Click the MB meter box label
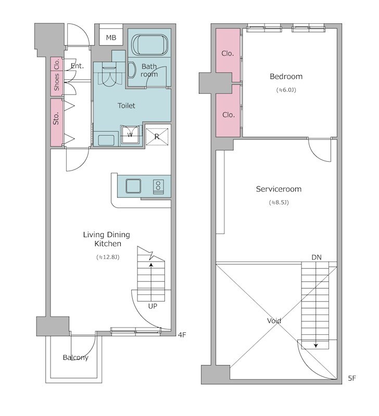[x=111, y=37]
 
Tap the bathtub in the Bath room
[x=149, y=45]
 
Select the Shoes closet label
[x=57, y=82]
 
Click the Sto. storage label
[x=56, y=119]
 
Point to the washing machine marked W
[x=130, y=135]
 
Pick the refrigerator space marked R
[x=157, y=137]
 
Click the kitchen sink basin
[x=133, y=186]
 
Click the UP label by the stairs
[x=153, y=306]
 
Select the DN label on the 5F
[x=317, y=257]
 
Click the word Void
[x=274, y=321]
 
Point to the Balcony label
[x=75, y=358]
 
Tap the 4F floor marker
[x=182, y=335]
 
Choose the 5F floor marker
[x=352, y=379]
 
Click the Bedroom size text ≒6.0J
[x=286, y=90]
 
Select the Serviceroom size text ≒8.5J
[x=279, y=203]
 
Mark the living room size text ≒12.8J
[x=108, y=257]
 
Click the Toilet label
[x=127, y=106]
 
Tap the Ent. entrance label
[x=77, y=66]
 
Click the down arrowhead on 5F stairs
[x=316, y=346]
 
